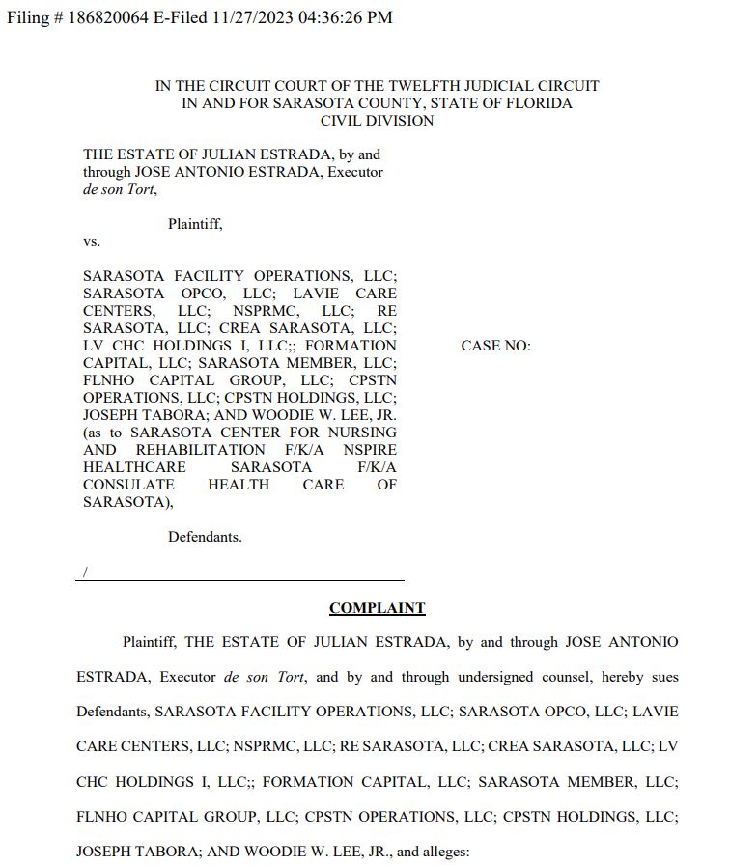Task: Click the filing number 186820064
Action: [107, 17]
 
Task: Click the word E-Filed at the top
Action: [174, 17]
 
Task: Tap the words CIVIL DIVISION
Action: [377, 121]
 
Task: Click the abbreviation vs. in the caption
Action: [92, 241]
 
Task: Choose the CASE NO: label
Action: [495, 346]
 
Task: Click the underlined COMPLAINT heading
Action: [377, 608]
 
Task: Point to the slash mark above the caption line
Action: [85, 573]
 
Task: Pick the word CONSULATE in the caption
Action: [128, 485]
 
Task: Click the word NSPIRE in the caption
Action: [371, 450]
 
